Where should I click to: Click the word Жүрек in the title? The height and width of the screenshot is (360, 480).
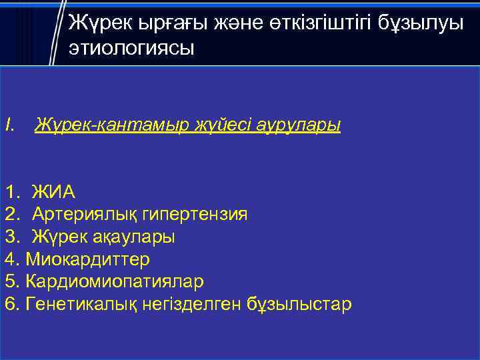pos(99,25)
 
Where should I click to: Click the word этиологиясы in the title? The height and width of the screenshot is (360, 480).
pos(131,48)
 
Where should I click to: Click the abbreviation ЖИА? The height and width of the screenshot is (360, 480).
pos(54,193)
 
